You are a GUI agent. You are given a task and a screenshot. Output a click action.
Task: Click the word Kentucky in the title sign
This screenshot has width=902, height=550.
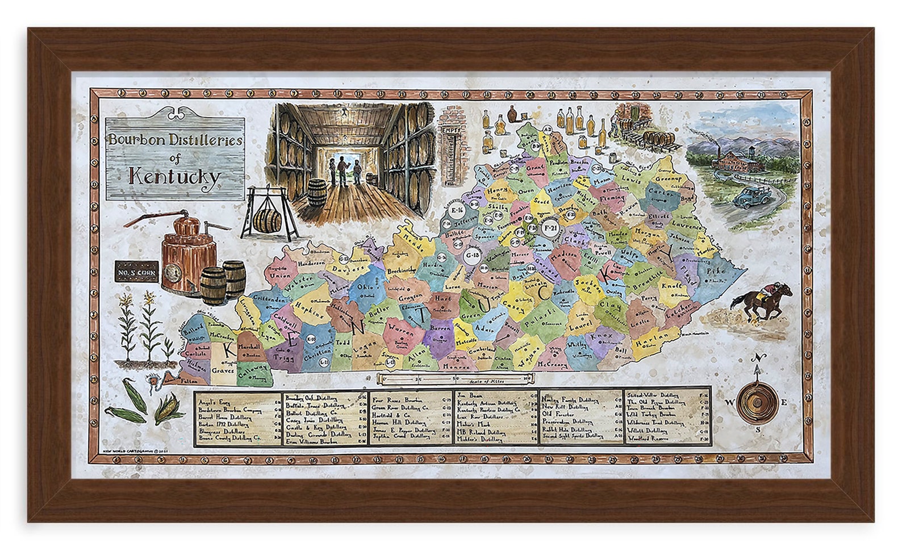[x=174, y=176]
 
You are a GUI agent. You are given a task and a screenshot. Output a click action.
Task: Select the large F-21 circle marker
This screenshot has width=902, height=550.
[x=549, y=228]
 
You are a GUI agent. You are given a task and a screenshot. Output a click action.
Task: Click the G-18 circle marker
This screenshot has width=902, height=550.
[x=473, y=255]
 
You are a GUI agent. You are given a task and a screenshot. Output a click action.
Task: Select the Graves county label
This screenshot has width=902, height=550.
[x=223, y=369]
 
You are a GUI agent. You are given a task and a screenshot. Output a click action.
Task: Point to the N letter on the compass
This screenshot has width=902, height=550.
[x=757, y=357]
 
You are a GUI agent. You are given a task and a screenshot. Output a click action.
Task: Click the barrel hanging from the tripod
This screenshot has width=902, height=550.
[x=266, y=220]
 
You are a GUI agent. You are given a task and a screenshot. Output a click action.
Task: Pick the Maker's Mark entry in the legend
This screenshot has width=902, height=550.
[x=473, y=424]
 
